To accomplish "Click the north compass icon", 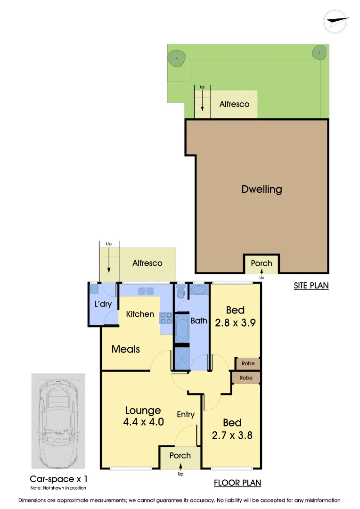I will pos(336,21).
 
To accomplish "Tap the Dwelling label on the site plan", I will pos(262,189).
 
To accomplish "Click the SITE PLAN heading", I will pos(311,286).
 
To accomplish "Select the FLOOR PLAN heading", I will pos(237,483).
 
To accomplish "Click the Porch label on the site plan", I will pos(262,263).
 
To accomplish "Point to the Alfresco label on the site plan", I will pos(234,104).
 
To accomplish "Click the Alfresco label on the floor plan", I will pos(147,263).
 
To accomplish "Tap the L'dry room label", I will pos(103,304).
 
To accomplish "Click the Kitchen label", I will pos(140,314).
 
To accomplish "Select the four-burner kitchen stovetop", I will pos(166,318).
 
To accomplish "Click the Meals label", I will pos(125,349).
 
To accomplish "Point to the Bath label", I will pos(198,320).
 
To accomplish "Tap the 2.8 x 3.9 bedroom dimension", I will pos(235,323).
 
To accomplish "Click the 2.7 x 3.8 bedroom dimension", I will pos(232,435).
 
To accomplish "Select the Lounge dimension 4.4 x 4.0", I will pos(143,422).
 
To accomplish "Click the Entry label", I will pos(186,414).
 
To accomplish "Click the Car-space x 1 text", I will pos(58,479).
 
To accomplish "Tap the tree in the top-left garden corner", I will pos(176,58).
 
